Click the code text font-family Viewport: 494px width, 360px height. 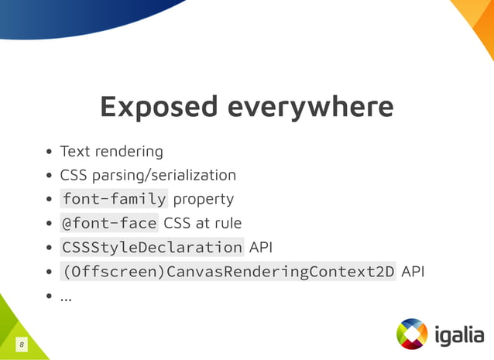pyautogui.click(x=114, y=199)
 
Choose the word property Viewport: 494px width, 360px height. pyautogui.click(x=203, y=199)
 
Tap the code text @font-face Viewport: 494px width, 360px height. pyautogui.click(x=109, y=223)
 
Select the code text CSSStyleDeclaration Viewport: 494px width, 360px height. pyautogui.click(x=152, y=248)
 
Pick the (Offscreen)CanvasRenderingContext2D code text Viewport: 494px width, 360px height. pyautogui.click(x=228, y=272)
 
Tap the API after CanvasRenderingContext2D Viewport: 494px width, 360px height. pyautogui.click(x=413, y=272)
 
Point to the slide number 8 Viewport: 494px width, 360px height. pyautogui.click(x=22, y=343)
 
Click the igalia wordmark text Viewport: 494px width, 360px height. pyautogui.click(x=458, y=334)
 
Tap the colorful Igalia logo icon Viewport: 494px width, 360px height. pyautogui.click(x=412, y=334)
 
